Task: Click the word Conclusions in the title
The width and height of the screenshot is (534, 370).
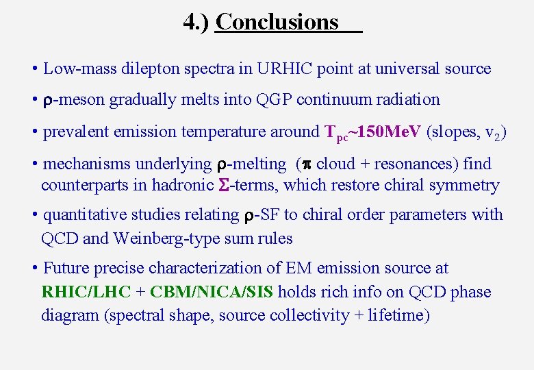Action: point(277,22)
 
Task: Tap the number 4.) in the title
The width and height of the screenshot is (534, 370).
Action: point(196,22)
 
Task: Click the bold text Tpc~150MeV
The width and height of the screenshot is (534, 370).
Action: point(372,132)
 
